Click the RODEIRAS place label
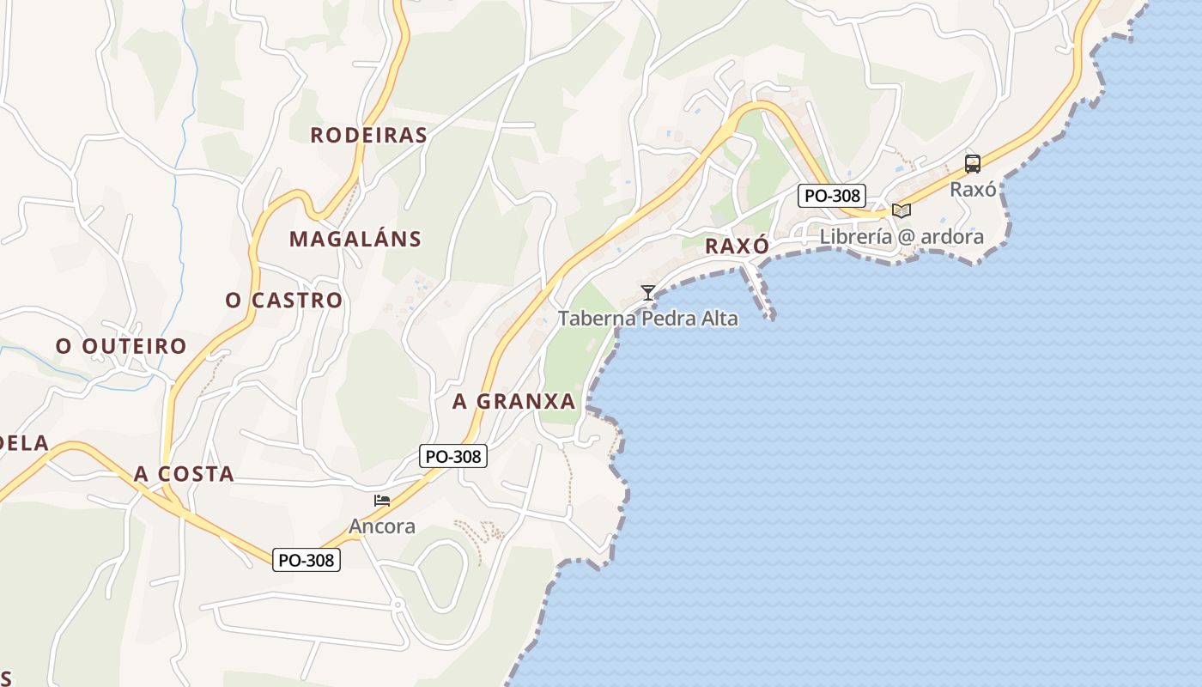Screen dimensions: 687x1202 click(368, 135)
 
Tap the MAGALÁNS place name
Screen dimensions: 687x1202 click(355, 239)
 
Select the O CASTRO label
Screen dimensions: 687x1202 click(284, 300)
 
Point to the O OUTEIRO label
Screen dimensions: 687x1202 click(121, 346)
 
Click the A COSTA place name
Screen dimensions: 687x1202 click(184, 474)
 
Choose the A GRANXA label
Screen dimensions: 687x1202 click(513, 401)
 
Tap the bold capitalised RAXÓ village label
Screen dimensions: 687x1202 click(737, 246)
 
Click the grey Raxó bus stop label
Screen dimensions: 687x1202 click(973, 189)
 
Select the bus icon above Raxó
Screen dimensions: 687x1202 click(972, 164)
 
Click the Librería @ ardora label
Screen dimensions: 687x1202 click(901, 236)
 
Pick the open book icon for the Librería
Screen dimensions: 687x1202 click(901, 210)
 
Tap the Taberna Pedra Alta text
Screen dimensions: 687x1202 click(648, 319)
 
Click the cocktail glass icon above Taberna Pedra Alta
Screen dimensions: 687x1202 click(647, 293)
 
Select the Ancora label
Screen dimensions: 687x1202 click(382, 526)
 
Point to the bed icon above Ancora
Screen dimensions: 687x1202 click(382, 501)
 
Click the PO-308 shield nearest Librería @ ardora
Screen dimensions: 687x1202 click(831, 195)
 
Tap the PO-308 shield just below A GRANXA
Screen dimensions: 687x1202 click(453, 456)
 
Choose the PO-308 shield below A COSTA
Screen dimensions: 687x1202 click(307, 560)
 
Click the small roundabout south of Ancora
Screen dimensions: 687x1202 click(398, 605)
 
